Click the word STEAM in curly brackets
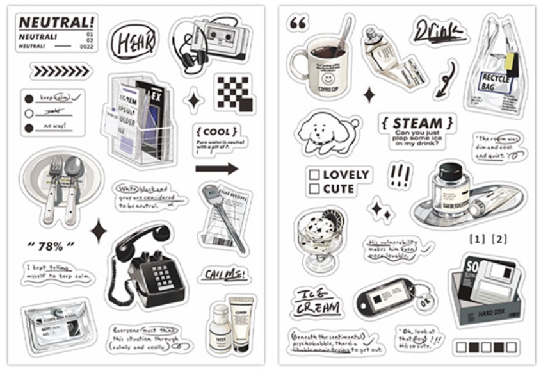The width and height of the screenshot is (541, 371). click(417, 123)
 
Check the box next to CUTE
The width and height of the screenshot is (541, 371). click(314, 189)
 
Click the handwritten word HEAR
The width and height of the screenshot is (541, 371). click(133, 42)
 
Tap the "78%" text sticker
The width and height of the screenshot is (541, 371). click(51, 245)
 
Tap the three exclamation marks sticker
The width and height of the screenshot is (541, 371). click(400, 174)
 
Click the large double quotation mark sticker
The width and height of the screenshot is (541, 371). click(298, 24)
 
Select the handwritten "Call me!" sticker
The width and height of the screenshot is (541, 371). click(223, 274)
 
